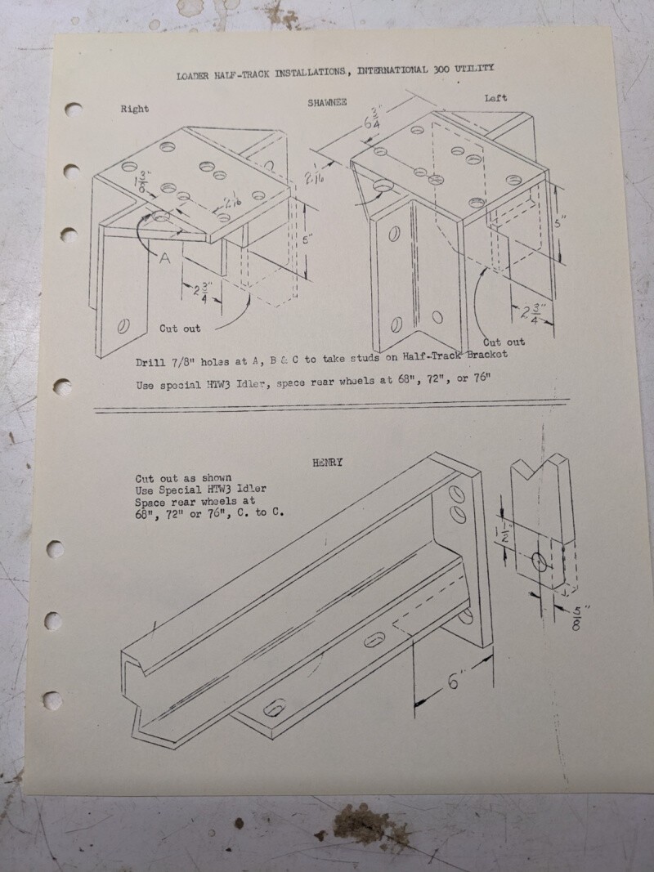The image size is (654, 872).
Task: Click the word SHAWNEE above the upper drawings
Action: click(x=327, y=102)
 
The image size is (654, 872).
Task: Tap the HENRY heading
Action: click(x=328, y=462)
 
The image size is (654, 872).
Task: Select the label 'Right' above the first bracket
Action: click(x=135, y=109)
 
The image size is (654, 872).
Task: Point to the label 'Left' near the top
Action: click(x=495, y=98)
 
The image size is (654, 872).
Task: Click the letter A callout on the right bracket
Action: click(x=164, y=257)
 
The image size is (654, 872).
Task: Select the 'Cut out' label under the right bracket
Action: click(x=180, y=328)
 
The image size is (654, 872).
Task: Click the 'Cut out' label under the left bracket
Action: click(x=504, y=342)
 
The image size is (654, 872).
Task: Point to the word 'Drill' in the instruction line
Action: click(x=150, y=363)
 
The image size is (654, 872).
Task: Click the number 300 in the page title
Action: click(x=441, y=69)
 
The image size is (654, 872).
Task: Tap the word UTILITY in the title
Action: click(x=474, y=69)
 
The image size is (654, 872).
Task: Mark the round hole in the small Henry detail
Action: click(x=540, y=561)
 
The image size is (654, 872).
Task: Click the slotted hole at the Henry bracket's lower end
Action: click(x=274, y=708)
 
